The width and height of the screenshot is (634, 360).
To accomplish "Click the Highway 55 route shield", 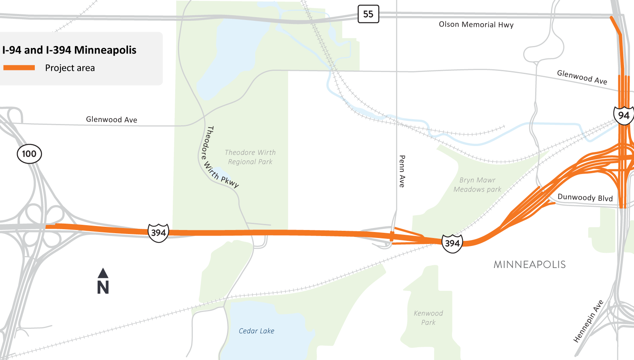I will [368, 14].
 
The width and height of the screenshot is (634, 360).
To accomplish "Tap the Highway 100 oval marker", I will [29, 154].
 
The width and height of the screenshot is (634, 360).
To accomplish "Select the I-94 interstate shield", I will [624, 116].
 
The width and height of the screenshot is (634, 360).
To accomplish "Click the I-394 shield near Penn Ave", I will [452, 243].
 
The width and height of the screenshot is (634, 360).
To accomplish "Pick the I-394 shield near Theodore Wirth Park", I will [158, 233].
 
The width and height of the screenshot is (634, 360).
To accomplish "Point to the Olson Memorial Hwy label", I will [476, 24].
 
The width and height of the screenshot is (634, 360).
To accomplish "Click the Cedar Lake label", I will [256, 331].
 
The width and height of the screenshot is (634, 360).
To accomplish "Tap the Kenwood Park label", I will [428, 318].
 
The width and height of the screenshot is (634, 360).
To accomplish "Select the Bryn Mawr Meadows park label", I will [477, 185].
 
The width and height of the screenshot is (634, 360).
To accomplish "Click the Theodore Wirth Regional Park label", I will [250, 157].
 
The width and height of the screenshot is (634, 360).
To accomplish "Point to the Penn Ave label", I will [402, 171].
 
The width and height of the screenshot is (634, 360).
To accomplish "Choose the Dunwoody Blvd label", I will [585, 198].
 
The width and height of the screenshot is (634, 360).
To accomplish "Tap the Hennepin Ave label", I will [588, 321].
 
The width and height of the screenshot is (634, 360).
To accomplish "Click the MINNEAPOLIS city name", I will [530, 264].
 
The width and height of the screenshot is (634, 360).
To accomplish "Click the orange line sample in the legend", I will [19, 68].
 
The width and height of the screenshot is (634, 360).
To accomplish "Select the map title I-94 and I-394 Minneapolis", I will [69, 50].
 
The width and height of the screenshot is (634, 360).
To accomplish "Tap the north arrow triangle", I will [103, 273].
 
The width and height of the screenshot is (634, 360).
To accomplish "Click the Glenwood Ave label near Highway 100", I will [112, 120].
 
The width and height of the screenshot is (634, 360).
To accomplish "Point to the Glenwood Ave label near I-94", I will [582, 77].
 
